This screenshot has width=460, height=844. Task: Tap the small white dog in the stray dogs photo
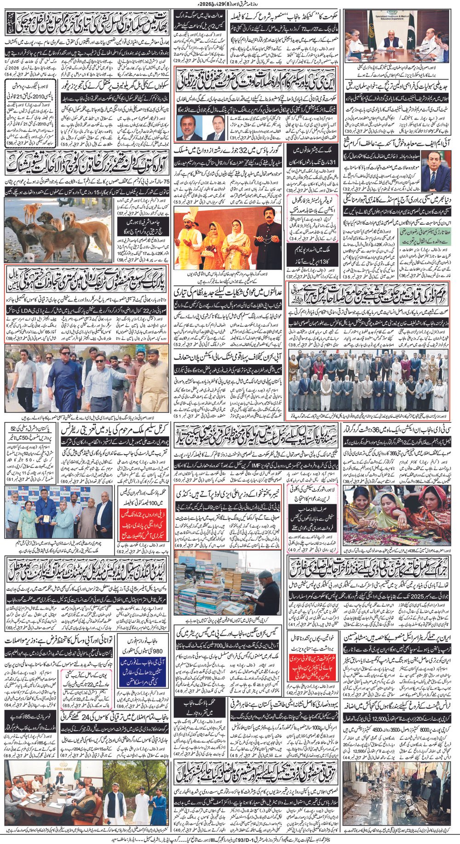28,256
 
